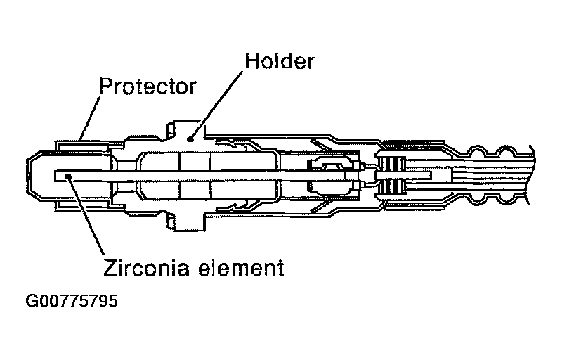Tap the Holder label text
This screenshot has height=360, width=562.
[x=280, y=61]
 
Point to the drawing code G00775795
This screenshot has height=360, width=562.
[x=71, y=302]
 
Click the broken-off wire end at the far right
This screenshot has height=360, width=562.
[x=530, y=176]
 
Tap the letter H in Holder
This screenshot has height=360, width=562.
[x=250, y=61]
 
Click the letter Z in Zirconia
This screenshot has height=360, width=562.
[x=109, y=267]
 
